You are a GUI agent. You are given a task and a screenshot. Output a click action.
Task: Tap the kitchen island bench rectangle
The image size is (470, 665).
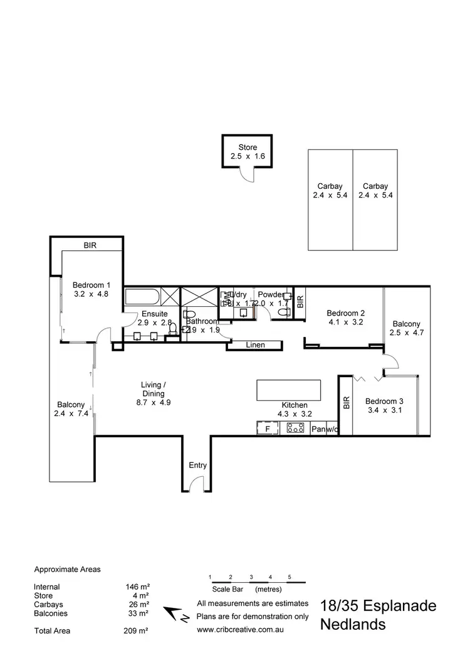click(288, 390)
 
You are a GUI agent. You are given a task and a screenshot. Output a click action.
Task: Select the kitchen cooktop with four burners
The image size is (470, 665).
click(295, 428)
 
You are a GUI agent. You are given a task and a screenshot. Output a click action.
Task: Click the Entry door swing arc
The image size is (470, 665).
click(197, 483)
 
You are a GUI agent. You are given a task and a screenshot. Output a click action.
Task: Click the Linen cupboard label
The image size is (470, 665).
click(256, 345)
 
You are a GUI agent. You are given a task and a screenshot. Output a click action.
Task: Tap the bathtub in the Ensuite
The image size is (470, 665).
click(144, 295)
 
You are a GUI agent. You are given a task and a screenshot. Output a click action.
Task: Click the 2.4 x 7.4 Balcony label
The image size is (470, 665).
click(70, 409)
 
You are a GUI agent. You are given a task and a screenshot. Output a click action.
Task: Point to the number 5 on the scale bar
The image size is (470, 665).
click(290, 576)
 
